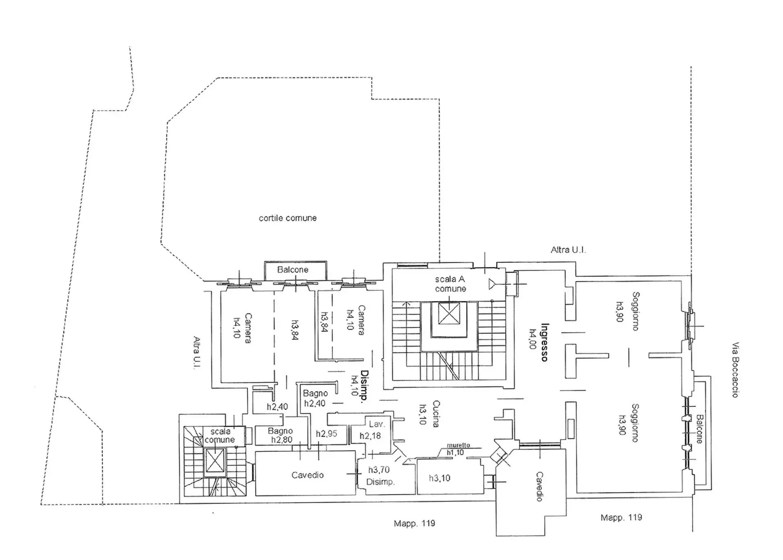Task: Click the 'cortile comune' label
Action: coord(288,218)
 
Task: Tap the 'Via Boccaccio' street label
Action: coord(735,370)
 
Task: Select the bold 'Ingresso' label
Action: coord(544,342)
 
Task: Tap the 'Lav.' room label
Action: coord(376,424)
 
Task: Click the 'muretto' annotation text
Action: coord(458,445)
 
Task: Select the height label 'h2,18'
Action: coord(370,436)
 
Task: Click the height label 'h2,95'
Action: coord(326,433)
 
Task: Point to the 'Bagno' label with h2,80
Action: coord(280,431)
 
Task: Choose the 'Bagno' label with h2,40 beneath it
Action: coord(315,393)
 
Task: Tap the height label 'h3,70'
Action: coord(379,470)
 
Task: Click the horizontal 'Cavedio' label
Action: coord(307,475)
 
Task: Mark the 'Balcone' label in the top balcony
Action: coord(293,269)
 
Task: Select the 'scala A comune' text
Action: coord(450,284)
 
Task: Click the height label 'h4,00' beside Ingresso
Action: coord(532,339)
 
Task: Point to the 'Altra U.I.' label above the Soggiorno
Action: coord(568,250)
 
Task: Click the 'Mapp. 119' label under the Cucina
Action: coord(414,523)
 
